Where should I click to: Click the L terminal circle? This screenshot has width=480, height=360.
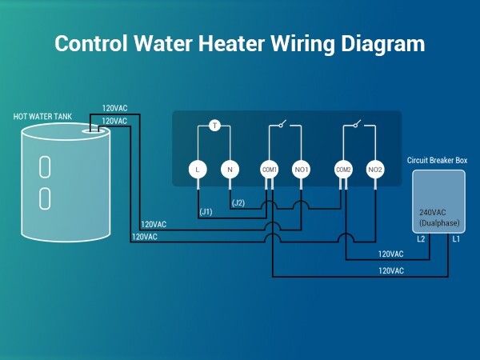[x=198, y=170]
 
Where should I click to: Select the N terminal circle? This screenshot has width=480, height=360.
[x=230, y=170]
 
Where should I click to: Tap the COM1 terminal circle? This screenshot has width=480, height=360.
[x=270, y=170]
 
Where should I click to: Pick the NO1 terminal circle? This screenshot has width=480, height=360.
[x=301, y=170]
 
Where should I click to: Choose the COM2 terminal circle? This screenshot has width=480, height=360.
[x=344, y=170]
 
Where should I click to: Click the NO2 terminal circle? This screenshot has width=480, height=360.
[x=375, y=170]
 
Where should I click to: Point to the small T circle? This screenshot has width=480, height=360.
[x=214, y=126]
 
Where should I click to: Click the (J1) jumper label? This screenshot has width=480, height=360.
[x=206, y=211]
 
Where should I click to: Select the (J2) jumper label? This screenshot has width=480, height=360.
[x=238, y=203]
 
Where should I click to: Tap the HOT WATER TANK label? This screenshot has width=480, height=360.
[x=42, y=117]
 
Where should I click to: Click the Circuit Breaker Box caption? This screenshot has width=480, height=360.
[x=437, y=161]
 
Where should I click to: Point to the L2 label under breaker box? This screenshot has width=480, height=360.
[x=421, y=239]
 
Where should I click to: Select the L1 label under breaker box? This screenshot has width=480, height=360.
[x=455, y=239]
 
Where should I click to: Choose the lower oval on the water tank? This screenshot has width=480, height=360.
[x=45, y=196]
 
